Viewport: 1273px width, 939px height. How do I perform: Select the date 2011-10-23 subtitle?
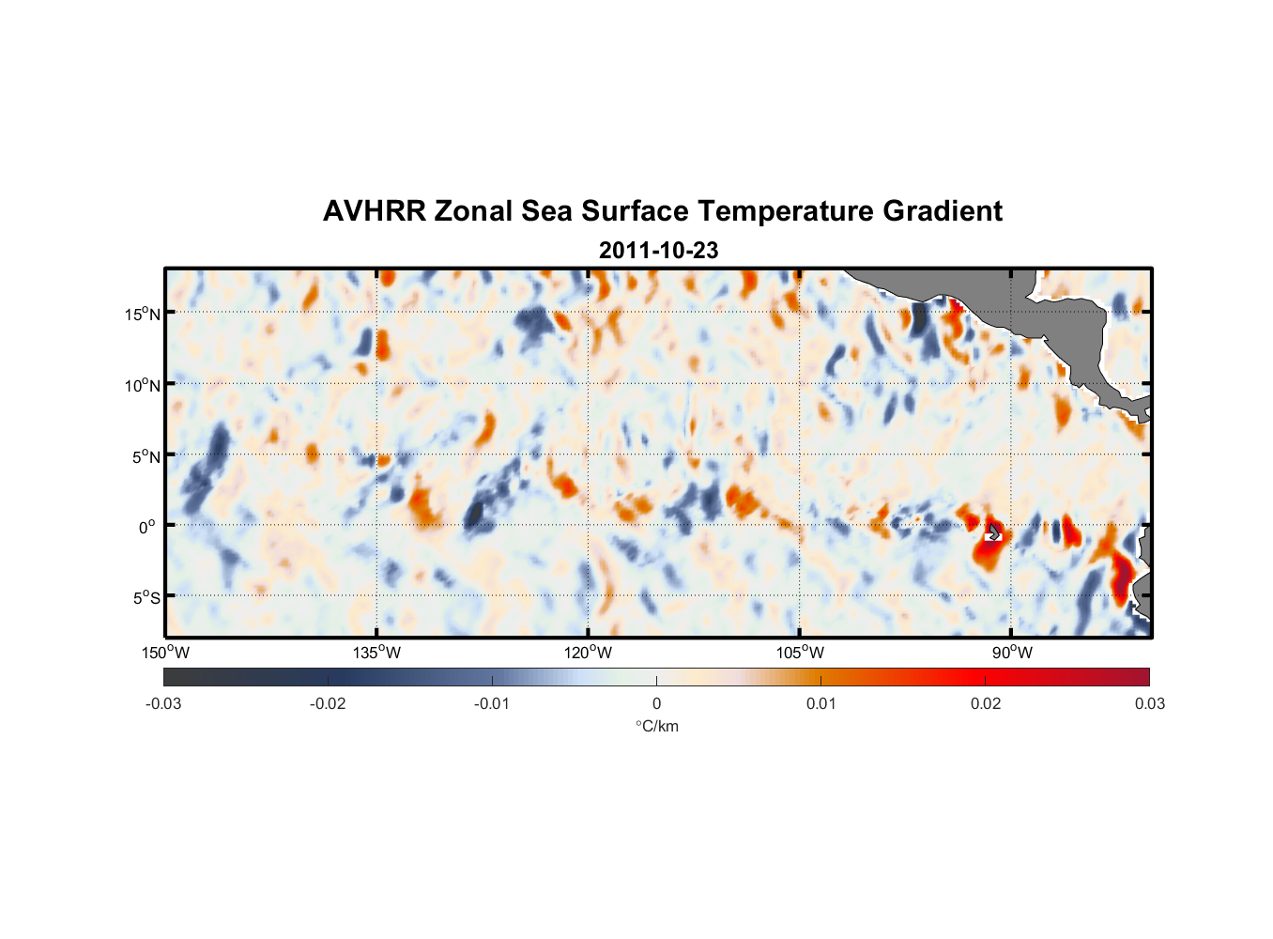[x=658, y=251]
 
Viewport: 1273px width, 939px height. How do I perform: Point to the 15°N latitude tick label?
[x=143, y=314]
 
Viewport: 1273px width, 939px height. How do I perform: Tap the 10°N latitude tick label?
[x=143, y=385]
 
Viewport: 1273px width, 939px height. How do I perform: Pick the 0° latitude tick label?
[x=147, y=528]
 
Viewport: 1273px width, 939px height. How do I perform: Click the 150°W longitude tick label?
[x=166, y=653]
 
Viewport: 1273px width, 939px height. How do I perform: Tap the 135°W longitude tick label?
[x=377, y=653]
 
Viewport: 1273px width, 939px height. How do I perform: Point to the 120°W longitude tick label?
[x=589, y=653]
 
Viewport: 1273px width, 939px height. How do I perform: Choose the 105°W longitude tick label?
[x=800, y=653]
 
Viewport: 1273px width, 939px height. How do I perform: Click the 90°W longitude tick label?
[x=1012, y=653]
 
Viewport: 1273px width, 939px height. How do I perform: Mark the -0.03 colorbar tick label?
[x=163, y=703]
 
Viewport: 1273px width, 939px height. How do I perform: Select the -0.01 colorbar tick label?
[x=492, y=703]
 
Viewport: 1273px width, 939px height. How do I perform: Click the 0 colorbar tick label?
[x=656, y=703]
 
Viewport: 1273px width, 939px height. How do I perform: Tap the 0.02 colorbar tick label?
[x=986, y=703]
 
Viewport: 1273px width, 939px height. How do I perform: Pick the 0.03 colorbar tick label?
[x=1149, y=703]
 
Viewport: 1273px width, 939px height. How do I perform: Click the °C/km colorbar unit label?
[x=656, y=726]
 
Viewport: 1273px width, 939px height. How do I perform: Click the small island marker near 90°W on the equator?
[x=994, y=533]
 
